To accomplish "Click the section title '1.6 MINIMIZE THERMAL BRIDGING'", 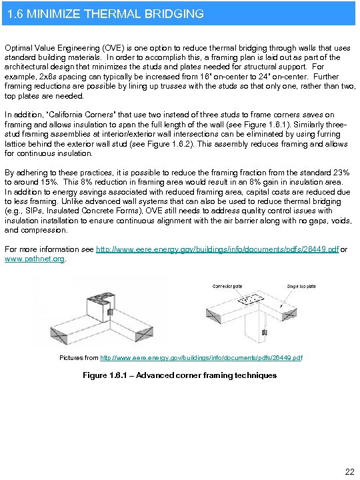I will coord(104,13).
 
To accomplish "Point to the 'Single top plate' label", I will coord(302,286).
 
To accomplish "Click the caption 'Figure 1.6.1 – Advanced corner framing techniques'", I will coord(179,375).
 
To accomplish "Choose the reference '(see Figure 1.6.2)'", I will coord(169,144).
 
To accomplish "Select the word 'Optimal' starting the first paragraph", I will coord(19,49).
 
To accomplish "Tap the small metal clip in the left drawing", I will coord(111,311).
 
